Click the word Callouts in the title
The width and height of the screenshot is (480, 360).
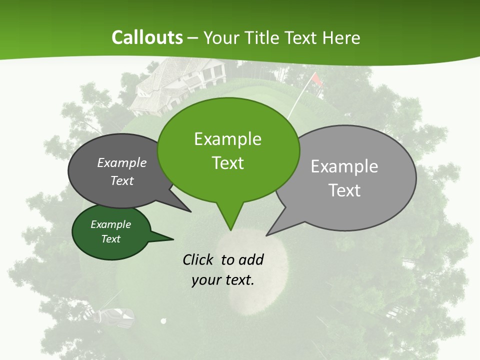(147, 37)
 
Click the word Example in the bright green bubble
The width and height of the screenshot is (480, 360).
(227, 139)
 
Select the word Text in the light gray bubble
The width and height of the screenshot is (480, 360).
(344, 190)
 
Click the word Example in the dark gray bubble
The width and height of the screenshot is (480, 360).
(121, 163)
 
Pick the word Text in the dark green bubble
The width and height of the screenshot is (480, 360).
(110, 239)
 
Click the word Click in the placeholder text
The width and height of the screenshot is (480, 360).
(199, 259)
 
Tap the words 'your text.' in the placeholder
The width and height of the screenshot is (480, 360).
(223, 280)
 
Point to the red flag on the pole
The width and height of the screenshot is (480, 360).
(316, 79)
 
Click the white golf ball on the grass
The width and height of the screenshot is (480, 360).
(163, 321)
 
